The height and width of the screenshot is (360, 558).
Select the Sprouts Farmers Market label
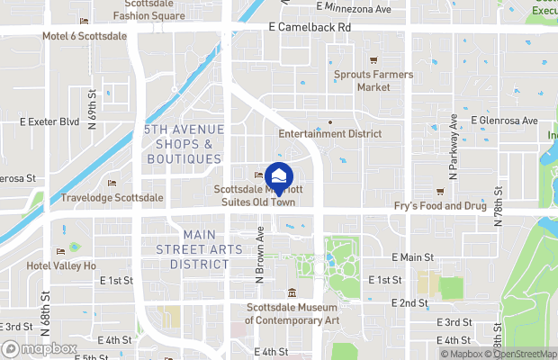tap(373, 81)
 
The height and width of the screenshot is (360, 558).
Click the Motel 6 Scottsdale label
tap(85, 37)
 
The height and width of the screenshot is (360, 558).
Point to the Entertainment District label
tap(329, 133)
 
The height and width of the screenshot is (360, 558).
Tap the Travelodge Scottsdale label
tap(112, 197)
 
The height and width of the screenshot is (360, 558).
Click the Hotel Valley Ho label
tap(61, 265)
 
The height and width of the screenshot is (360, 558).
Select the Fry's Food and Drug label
tap(440, 206)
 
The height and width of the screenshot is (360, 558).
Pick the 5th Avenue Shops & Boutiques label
tap(183, 145)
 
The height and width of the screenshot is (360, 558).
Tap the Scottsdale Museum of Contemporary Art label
tap(292, 313)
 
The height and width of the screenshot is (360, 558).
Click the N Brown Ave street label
tap(259, 256)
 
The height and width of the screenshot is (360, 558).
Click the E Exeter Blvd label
tap(49, 121)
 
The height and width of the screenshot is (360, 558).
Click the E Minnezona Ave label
tap(355, 9)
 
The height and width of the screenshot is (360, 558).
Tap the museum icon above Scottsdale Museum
tap(292, 293)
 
